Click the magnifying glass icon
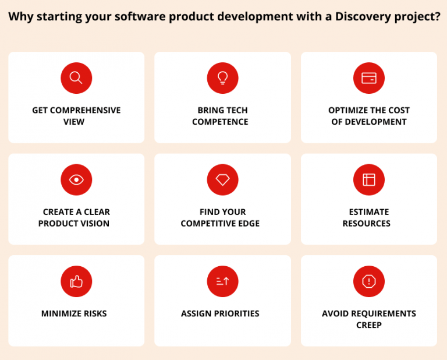pyautogui.click(x=76, y=78)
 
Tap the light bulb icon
pyautogui.click(x=222, y=78)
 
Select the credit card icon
pyautogui.click(x=369, y=78)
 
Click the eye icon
pyautogui.click(x=76, y=179)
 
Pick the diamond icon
pyautogui.click(x=222, y=179)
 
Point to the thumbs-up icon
pyautogui.click(x=76, y=281)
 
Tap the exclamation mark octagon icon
pyautogui.click(x=369, y=281)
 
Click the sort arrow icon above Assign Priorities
pyautogui.click(x=222, y=281)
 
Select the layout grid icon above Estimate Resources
pyautogui.click(x=369, y=179)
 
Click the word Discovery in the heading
pyautogui.click(x=356, y=16)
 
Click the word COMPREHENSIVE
pyautogui.click(x=85, y=110)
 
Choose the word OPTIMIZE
pyautogui.click(x=347, y=110)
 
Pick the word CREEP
pyautogui.click(x=369, y=325)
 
